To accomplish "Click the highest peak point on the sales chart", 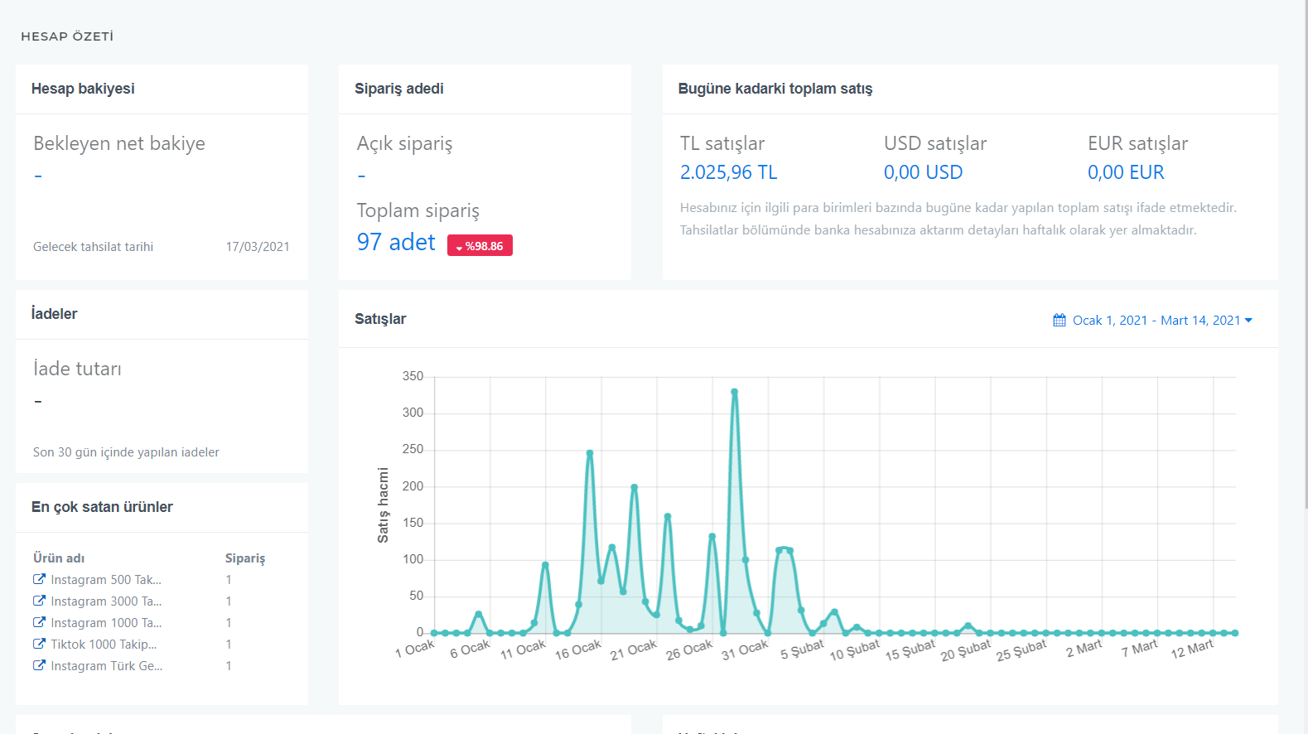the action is pyautogui.click(x=734, y=392).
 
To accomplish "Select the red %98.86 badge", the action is pyautogui.click(x=480, y=246).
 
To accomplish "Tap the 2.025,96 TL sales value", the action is pyautogui.click(x=728, y=172).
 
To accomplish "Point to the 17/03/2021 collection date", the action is pyautogui.click(x=258, y=246).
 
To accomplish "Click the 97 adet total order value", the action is pyautogui.click(x=396, y=242).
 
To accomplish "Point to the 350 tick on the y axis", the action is pyautogui.click(x=413, y=377).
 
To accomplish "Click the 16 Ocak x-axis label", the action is pyautogui.click(x=577, y=649).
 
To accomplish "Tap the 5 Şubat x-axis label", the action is pyautogui.click(x=802, y=649).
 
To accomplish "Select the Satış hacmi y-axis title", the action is pyautogui.click(x=383, y=505).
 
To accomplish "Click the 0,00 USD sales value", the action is pyautogui.click(x=923, y=172).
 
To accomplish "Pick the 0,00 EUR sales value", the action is pyautogui.click(x=1126, y=172).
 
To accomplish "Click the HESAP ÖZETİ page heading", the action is pyautogui.click(x=67, y=36).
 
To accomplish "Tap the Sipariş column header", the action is pyautogui.click(x=245, y=558).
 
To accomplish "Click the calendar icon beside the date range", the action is pyautogui.click(x=1059, y=320).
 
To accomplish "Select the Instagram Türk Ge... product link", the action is pyautogui.click(x=98, y=666).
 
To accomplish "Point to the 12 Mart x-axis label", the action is pyautogui.click(x=1192, y=649).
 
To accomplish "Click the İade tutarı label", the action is pyautogui.click(x=77, y=369).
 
